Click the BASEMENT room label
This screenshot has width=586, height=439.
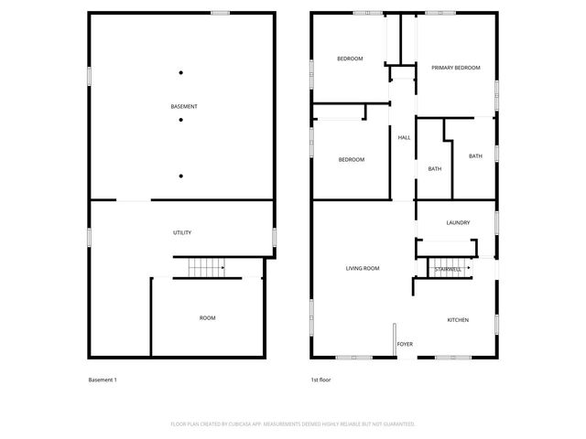[x=184, y=107]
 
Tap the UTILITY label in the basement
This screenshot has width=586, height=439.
[x=182, y=233]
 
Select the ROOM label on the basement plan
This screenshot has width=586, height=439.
[x=208, y=317]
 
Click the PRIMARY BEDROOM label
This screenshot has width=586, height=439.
[x=456, y=68]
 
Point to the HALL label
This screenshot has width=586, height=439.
[x=404, y=138]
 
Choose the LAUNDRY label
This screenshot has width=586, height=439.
[x=458, y=223]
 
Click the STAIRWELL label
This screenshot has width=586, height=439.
[x=448, y=270]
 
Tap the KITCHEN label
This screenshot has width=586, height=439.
[x=458, y=320]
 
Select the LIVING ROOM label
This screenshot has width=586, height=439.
[x=363, y=268]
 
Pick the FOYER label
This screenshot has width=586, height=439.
[x=405, y=345]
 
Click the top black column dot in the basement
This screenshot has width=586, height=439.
[x=181, y=73]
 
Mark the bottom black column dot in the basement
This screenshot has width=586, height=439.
[x=181, y=176]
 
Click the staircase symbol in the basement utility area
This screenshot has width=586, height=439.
[x=207, y=268]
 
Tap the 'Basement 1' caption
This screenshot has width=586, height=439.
[x=103, y=380]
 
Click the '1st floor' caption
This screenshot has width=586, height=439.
[x=321, y=380]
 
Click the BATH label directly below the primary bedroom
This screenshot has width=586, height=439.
[x=475, y=156]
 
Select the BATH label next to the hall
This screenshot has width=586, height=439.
[x=435, y=169]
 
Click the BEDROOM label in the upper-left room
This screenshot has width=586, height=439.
[x=350, y=59]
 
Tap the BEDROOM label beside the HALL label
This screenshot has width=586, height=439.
[x=352, y=160]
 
